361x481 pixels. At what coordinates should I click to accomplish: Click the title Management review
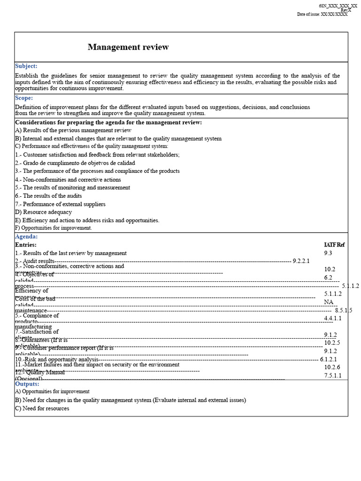click(x=128, y=47)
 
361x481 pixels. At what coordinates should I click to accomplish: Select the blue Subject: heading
click(x=26, y=66)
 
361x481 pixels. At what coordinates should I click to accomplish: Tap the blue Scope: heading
click(x=24, y=98)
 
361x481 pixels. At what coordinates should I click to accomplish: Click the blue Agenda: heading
click(x=26, y=237)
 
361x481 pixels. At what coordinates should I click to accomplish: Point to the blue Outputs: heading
click(x=27, y=384)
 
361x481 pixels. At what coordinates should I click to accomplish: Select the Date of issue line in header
click(x=322, y=15)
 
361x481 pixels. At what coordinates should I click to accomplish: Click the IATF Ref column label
click(x=334, y=245)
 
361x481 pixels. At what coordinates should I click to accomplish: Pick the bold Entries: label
click(x=26, y=245)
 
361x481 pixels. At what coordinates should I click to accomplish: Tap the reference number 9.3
click(x=328, y=253)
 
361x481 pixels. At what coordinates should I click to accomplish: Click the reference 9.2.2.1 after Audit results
click(x=301, y=261)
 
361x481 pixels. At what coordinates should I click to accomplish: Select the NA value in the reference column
click(x=329, y=302)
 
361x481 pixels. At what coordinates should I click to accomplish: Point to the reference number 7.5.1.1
click(x=333, y=375)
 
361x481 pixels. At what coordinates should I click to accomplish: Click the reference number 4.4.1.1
click(x=333, y=318)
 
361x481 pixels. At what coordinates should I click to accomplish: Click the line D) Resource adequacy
click(x=43, y=212)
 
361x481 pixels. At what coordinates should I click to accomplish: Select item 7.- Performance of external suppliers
click(x=60, y=204)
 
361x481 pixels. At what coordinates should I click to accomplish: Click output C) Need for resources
click(x=42, y=409)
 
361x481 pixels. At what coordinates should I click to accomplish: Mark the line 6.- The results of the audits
click(x=48, y=196)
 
